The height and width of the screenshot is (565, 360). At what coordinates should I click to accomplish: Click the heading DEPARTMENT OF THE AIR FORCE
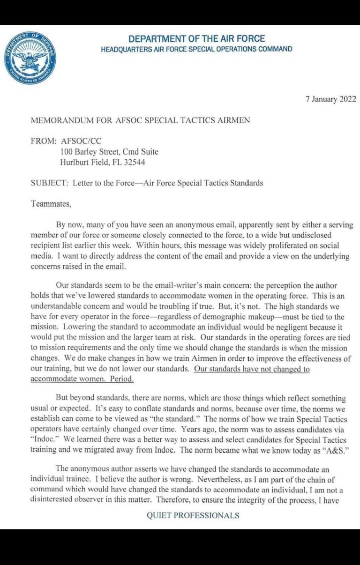click(x=196, y=39)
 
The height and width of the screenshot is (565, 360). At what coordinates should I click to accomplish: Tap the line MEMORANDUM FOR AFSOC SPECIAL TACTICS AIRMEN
click(x=140, y=120)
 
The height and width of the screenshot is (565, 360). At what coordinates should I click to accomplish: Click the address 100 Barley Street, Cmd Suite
click(x=109, y=152)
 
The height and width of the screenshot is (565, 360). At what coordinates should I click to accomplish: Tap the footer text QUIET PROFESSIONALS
click(x=193, y=515)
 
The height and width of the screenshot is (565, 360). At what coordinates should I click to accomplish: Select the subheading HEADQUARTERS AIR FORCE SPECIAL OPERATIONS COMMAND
click(x=196, y=49)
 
